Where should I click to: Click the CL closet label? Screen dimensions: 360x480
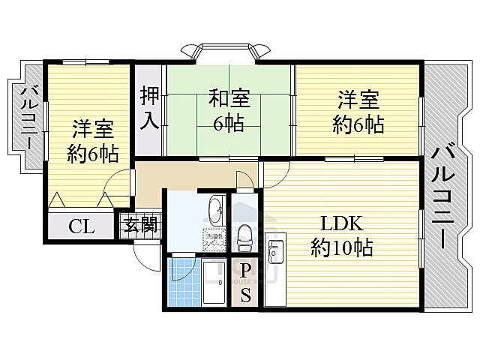82,226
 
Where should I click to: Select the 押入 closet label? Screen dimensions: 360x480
149,109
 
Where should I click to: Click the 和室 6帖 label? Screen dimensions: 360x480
228,110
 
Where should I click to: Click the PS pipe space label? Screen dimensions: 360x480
246,283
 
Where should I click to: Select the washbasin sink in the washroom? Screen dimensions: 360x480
214,209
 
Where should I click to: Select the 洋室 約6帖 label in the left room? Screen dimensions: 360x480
92,141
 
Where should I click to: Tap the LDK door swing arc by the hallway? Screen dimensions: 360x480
273,175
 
